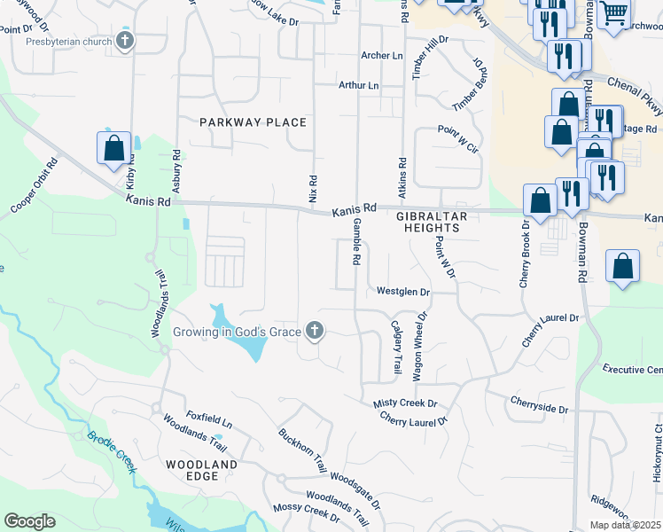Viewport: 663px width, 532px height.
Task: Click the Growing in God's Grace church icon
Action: click(314, 332)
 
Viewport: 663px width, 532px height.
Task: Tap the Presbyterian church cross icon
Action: click(126, 41)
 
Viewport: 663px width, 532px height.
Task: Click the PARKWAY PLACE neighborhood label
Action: click(253, 122)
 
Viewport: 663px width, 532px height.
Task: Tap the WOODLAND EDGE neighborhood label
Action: click(202, 470)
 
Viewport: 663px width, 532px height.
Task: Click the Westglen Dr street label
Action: click(402, 291)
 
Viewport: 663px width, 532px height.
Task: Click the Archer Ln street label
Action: click(382, 55)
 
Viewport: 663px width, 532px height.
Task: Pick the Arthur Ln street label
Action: click(358, 85)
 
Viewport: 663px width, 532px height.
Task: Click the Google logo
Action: click(29, 521)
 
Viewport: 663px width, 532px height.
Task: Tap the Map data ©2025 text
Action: click(625, 525)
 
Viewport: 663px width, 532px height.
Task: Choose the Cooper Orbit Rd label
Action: click(35, 186)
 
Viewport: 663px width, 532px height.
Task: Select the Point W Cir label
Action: click(457, 140)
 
